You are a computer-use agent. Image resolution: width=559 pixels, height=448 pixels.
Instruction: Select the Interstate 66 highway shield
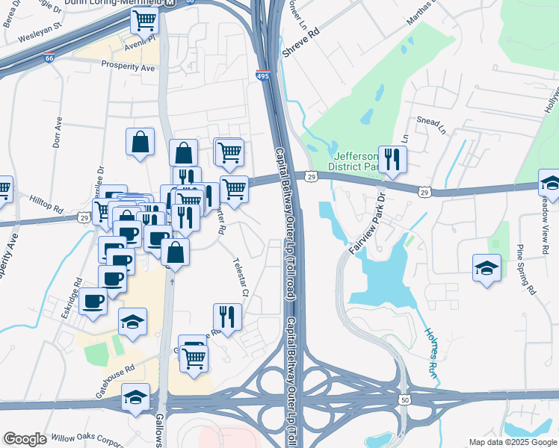pos(49,57)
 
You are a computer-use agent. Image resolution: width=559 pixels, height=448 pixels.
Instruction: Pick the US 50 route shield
pos(405,400)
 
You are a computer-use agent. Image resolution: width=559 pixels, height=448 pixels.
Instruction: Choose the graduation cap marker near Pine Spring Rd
pos(487,267)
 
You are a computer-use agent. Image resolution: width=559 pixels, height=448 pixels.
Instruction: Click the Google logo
pos(25,439)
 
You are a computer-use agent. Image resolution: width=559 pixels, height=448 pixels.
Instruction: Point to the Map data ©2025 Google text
pos(513,442)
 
